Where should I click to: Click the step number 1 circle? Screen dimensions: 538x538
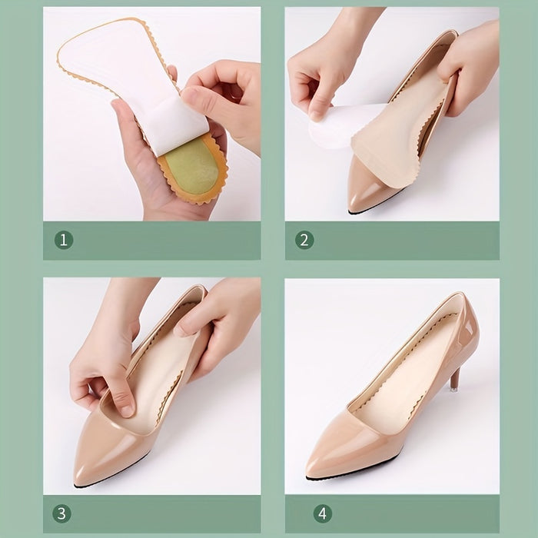(64, 240)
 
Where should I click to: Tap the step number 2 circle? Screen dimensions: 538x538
(304, 240)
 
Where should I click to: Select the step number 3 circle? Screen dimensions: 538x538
(61, 513)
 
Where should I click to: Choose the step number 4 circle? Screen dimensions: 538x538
(323, 513)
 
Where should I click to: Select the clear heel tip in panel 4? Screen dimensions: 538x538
(452, 390)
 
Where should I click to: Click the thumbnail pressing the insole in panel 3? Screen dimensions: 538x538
(128, 410)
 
